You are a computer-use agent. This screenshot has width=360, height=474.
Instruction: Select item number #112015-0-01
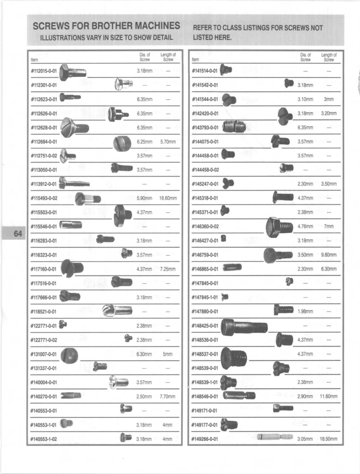click(x=44, y=71)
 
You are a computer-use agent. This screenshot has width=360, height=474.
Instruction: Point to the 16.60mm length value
click(x=168, y=198)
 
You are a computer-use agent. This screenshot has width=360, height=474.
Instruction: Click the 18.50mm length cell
click(x=329, y=439)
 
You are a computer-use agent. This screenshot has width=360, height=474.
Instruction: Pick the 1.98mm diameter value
click(x=305, y=311)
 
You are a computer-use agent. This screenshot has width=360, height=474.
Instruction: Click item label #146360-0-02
click(x=205, y=226)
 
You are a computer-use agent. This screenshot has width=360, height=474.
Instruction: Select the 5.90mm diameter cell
click(x=144, y=198)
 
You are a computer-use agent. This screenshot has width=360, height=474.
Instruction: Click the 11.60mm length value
click(x=329, y=396)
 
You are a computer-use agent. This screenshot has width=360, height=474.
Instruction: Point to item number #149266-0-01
click(x=205, y=439)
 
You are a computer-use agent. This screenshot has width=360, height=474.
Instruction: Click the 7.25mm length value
click(x=168, y=269)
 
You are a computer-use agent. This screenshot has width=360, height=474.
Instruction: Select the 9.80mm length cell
click(x=329, y=255)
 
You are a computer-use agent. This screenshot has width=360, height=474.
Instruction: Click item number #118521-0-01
click(x=44, y=311)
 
